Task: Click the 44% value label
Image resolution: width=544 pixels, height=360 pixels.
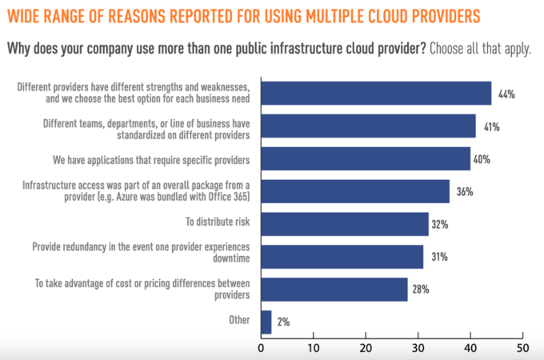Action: pos(506,94)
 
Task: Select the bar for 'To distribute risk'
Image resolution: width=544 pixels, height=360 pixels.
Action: pos(345,224)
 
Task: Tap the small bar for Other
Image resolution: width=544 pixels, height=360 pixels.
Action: pos(266,322)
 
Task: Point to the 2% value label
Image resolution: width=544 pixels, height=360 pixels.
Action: pos(284,322)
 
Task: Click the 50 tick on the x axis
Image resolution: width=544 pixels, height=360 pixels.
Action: pos(522,348)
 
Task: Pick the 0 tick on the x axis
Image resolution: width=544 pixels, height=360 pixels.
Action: pos(262,348)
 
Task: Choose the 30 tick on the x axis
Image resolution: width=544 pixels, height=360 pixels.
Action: pos(418,348)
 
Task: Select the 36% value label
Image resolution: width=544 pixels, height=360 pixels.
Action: pos(465,192)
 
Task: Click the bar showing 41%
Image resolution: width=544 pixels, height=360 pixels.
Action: pos(369,126)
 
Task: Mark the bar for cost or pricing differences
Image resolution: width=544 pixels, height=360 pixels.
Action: pos(334,289)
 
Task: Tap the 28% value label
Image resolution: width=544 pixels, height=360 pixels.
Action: pos(422,290)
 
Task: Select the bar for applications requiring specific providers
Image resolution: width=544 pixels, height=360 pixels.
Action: pos(366,159)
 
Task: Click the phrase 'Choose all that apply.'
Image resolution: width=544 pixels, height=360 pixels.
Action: pos(480,49)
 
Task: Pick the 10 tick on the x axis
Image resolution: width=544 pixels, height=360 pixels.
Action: pos(314,348)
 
